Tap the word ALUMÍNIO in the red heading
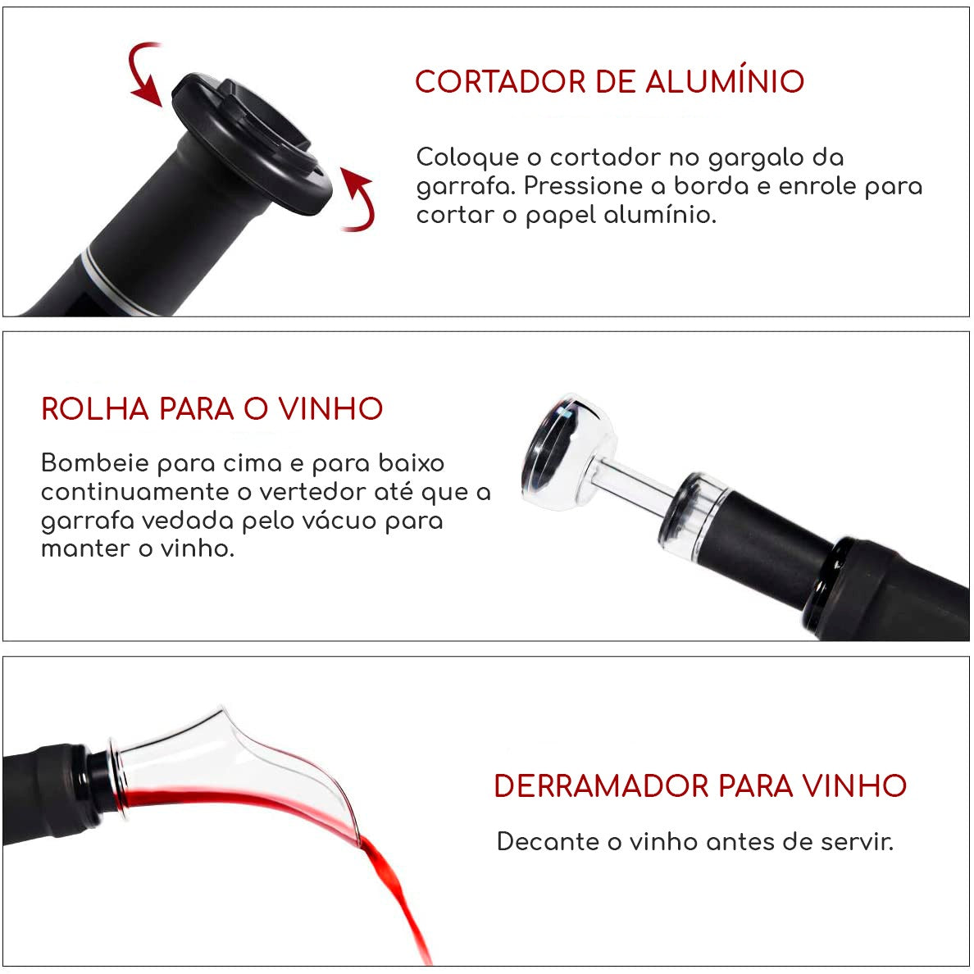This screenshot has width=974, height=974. (724, 83)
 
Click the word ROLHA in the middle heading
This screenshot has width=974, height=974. (95, 409)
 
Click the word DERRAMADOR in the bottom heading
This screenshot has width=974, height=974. (602, 786)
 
